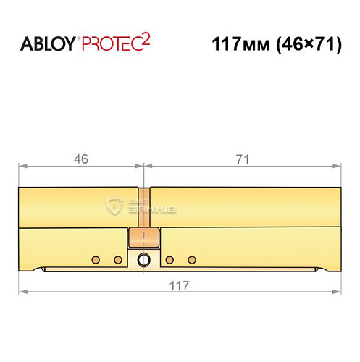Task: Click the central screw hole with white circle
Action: pos(144,260)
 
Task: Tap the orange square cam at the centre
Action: pos(143,239)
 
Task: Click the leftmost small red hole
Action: pos(94,259)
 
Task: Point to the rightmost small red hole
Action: pos(192,259)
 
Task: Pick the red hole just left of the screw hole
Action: pos(118,259)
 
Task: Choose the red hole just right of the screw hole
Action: pos(169,259)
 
